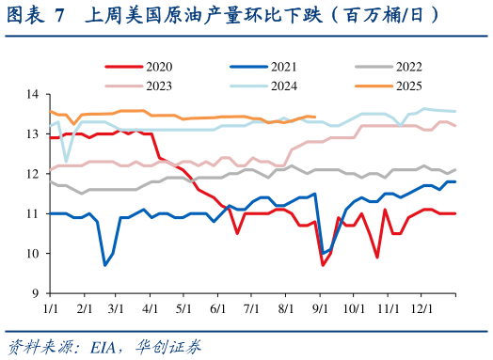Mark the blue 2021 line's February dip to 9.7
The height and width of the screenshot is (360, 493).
click(104, 265)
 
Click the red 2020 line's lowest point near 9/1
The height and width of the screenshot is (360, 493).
click(323, 265)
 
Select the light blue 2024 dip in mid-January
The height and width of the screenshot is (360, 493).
click(66, 162)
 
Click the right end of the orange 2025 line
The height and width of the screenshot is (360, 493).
click(314, 117)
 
